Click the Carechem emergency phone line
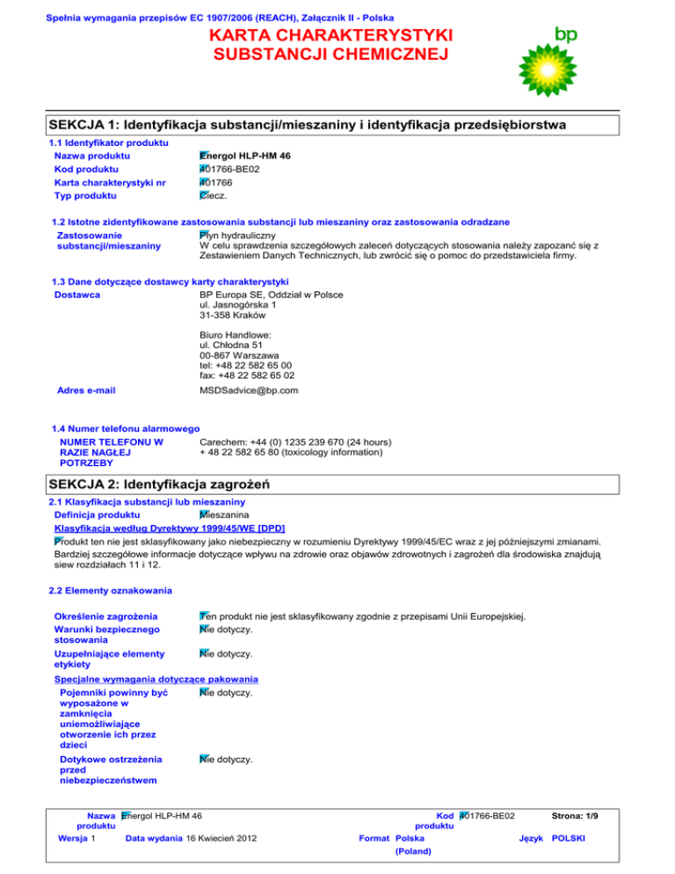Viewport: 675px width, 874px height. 295,441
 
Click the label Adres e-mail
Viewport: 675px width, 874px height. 86,390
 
